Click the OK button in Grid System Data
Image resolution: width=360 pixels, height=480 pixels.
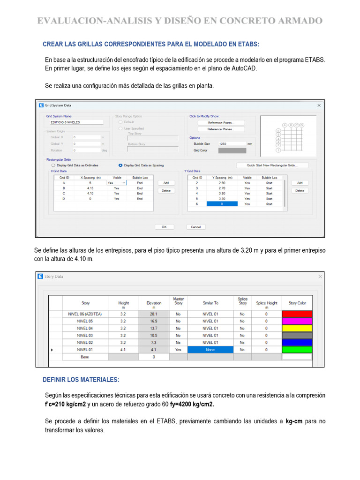point(164,227)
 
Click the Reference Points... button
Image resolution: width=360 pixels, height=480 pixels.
point(221,122)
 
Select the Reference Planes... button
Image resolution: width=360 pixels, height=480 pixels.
point(221,129)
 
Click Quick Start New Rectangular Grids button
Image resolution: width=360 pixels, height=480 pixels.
point(272,165)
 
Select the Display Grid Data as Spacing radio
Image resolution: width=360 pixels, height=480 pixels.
point(120,165)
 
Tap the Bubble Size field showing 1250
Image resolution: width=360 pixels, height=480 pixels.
point(232,144)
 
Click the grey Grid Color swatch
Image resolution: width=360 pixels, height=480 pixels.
point(232,150)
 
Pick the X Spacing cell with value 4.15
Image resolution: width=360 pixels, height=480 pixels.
point(90,188)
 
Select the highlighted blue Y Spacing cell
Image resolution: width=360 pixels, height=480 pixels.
point(222,204)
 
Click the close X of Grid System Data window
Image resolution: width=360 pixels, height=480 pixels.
point(319,105)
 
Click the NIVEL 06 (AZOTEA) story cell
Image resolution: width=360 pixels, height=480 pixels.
point(86,314)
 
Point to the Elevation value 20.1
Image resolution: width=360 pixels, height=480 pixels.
point(153,314)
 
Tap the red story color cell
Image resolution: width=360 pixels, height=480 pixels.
point(297,314)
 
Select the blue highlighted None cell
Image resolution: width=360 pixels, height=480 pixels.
point(210,350)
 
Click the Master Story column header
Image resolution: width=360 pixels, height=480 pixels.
point(178,301)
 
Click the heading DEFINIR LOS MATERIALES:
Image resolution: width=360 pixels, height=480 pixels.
point(81,379)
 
